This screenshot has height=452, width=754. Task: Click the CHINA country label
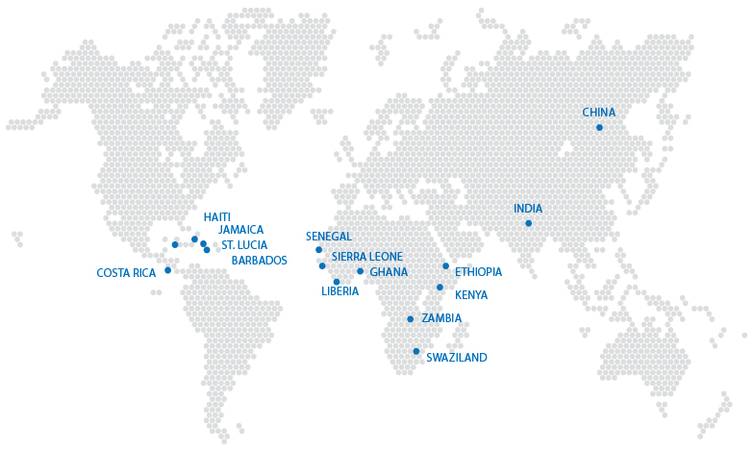coord(598,113)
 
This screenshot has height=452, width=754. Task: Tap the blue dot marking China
coord(599,128)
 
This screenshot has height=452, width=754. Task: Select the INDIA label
coord(528,209)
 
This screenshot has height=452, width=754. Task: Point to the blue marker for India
coord(528,223)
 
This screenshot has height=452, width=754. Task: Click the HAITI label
coord(216,217)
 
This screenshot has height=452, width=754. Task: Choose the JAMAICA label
coord(240,230)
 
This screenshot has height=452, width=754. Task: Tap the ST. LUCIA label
coord(244,245)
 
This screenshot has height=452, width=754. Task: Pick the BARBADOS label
coord(259,261)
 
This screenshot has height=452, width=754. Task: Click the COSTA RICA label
coord(126,273)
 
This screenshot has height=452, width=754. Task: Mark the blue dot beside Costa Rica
coord(168,270)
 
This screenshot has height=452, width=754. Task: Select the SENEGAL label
coord(329,237)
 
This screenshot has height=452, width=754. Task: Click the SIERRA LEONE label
coord(367,257)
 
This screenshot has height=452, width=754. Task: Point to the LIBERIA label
coord(339,291)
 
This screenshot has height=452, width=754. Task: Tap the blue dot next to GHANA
coord(361,271)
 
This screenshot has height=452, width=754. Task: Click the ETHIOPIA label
coord(478,272)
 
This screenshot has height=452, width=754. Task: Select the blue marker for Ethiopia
coord(446,266)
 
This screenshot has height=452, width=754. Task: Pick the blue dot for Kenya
coord(440,288)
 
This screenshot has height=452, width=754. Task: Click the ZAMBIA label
coord(441,318)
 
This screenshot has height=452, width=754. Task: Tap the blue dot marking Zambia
coord(411,319)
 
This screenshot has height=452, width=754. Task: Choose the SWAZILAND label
coord(456,358)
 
